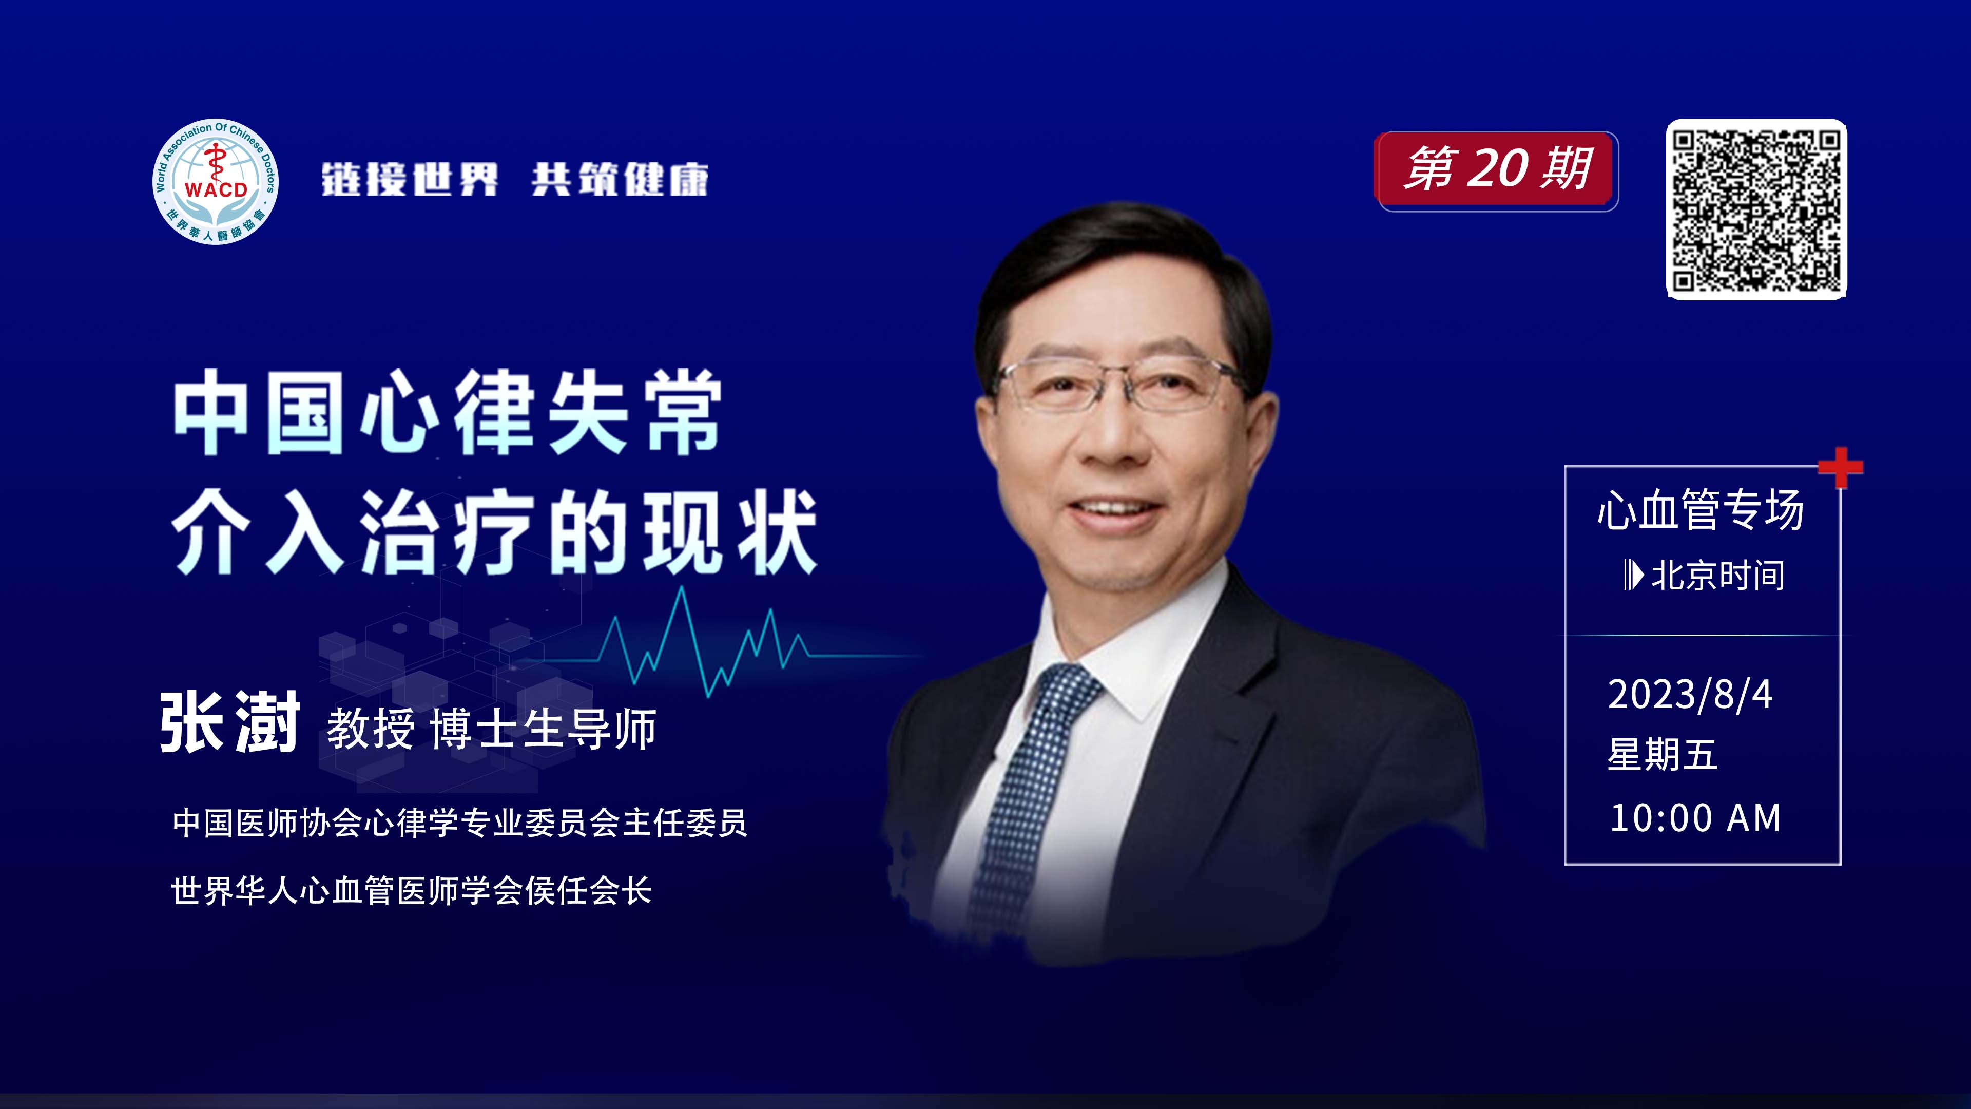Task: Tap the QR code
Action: coord(1757,209)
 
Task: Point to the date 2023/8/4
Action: coord(1690,694)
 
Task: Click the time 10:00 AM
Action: coord(1695,818)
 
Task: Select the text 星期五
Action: coord(1663,755)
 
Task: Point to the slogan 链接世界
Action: coord(410,180)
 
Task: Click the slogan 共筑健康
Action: coord(620,180)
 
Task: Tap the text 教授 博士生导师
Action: coord(491,728)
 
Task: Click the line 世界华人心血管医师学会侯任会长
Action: coord(411,891)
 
